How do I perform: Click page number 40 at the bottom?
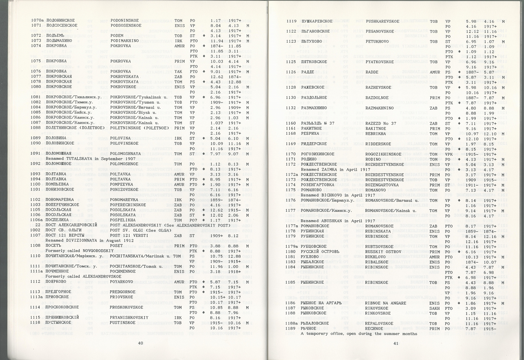click(x=140, y=343)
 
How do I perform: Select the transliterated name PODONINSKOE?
click(x=125, y=21)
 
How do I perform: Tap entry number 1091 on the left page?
click(x=36, y=153)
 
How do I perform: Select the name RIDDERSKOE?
click(x=378, y=144)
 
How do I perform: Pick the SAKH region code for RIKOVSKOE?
click(x=435, y=308)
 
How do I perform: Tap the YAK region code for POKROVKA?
click(x=178, y=71)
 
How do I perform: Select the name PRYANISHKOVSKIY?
click(x=129, y=318)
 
